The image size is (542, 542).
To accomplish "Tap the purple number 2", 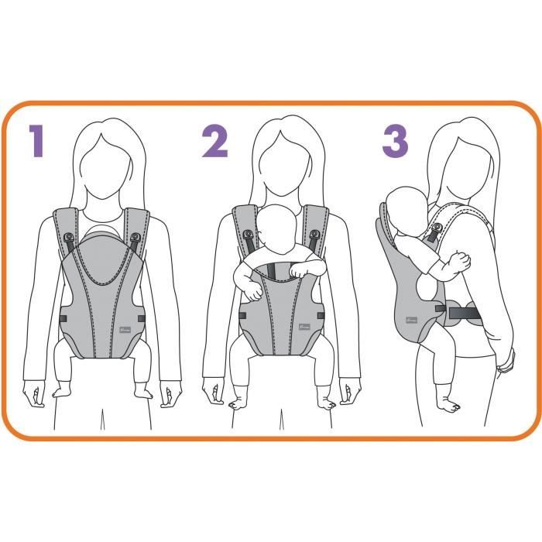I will click(214, 143).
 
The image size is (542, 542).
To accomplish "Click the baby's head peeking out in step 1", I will click(101, 230).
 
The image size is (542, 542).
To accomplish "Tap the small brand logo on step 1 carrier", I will click(125, 325).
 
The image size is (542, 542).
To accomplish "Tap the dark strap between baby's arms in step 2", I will click(272, 271).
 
